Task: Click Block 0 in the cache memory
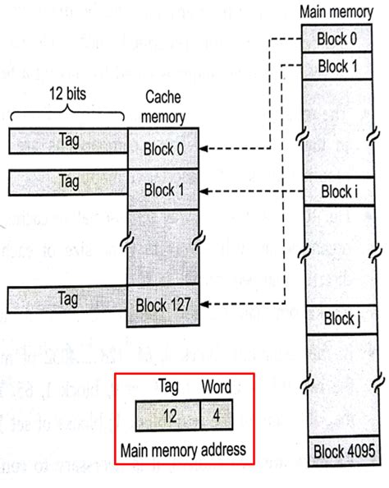pos(162,150)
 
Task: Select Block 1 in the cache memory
pos(162,191)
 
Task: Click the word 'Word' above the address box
pos(216,386)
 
